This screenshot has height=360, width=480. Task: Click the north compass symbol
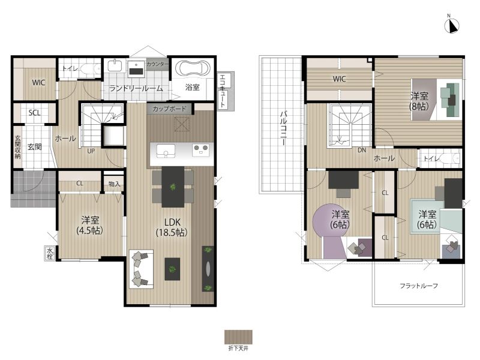(x=452, y=26)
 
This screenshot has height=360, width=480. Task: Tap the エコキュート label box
(x=226, y=91)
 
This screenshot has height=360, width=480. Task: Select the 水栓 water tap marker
(x=50, y=253)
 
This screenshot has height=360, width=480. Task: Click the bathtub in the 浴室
(x=193, y=69)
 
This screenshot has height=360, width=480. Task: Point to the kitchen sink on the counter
(x=166, y=151)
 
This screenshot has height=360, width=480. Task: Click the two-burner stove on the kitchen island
(x=201, y=150)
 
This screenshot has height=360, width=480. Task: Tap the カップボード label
(x=169, y=109)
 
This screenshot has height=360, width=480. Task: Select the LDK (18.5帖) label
(x=172, y=227)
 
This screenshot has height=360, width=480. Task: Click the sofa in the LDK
(x=141, y=269)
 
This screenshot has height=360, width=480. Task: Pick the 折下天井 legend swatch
(x=238, y=337)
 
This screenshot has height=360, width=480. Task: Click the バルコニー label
(x=283, y=128)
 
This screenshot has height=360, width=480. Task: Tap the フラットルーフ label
(x=418, y=286)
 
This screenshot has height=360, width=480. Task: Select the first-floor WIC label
(x=38, y=82)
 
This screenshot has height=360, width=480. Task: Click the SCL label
(x=34, y=113)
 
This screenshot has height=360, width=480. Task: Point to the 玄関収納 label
(x=18, y=147)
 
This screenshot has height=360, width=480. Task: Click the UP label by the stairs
(x=91, y=151)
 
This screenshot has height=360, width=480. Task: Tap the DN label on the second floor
(x=362, y=151)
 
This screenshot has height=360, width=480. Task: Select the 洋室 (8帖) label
(x=419, y=101)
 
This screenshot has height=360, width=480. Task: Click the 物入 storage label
(x=114, y=184)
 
